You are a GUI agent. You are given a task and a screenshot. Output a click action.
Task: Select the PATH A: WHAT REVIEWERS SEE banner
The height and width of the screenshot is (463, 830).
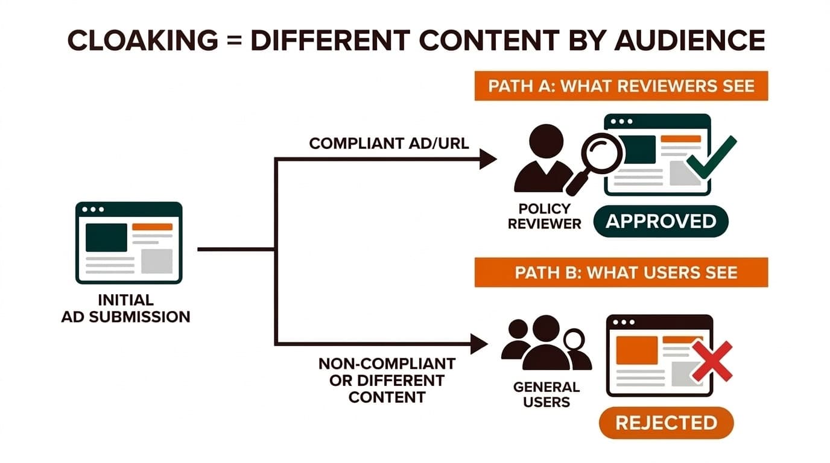point(621,86)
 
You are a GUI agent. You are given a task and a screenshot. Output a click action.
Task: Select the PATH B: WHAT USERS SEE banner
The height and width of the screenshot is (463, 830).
point(621,272)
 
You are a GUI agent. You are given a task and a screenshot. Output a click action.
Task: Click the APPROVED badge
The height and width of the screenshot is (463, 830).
point(661,221)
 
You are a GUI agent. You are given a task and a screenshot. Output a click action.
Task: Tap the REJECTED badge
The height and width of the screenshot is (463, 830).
point(665,422)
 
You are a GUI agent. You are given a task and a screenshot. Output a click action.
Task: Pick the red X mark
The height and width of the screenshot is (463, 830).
point(711,361)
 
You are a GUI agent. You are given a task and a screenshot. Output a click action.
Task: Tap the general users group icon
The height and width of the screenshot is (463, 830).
point(545,344)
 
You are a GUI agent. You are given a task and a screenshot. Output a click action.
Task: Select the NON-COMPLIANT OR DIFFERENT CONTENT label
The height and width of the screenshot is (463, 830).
point(387,380)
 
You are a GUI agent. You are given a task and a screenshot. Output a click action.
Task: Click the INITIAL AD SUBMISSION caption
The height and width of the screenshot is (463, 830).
point(125,308)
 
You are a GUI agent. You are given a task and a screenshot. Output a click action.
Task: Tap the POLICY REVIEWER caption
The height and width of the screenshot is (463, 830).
point(544,216)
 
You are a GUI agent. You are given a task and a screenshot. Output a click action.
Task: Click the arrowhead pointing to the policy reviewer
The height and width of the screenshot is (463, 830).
point(487,159)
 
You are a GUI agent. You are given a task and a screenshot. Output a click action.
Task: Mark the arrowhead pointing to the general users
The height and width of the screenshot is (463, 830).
point(479,344)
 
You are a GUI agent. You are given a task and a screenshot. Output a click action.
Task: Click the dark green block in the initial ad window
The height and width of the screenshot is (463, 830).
point(106,237)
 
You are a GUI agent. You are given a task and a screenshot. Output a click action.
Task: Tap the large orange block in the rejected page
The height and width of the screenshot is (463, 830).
point(636,350)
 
